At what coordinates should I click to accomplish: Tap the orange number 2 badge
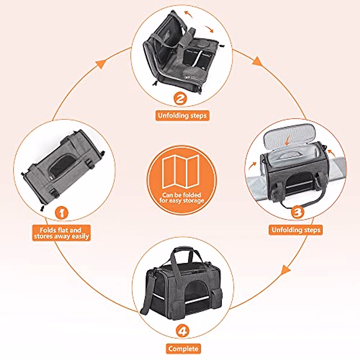coord(180,98)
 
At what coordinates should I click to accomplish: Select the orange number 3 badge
coord(297,212)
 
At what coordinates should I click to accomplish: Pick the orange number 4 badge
coord(182,331)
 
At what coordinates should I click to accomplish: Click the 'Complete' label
coord(183,349)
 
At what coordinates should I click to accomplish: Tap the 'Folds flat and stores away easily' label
coord(61,233)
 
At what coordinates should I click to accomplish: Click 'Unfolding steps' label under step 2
coord(182,115)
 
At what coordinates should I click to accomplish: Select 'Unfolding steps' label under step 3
coord(295,230)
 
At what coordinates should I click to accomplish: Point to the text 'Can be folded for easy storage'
coord(182,198)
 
